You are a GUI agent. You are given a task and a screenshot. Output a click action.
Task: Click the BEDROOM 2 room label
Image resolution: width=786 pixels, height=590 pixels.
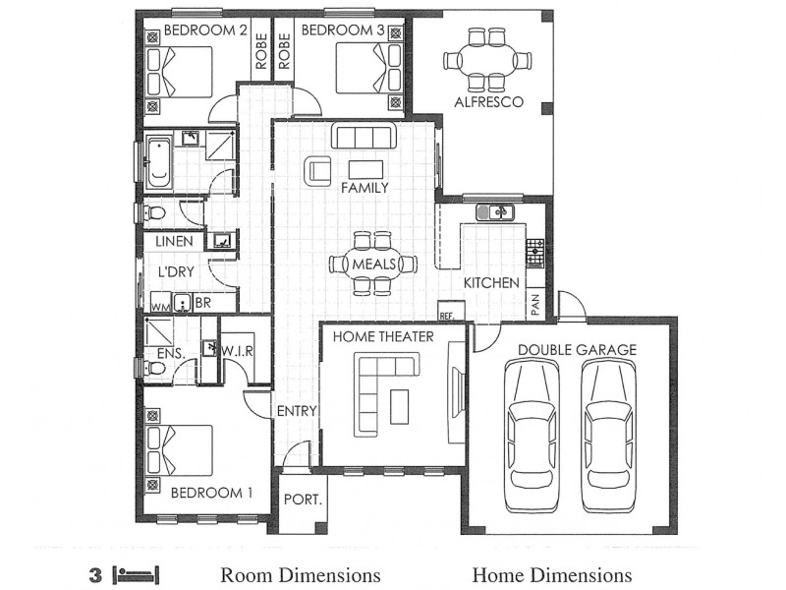click(205, 30)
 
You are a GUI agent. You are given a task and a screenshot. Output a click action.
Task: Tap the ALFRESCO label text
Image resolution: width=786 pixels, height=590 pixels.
click(487, 102)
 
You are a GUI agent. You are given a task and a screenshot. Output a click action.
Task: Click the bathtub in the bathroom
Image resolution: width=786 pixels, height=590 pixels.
click(159, 163)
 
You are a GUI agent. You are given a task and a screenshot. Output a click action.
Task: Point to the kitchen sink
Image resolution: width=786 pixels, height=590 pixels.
click(496, 212)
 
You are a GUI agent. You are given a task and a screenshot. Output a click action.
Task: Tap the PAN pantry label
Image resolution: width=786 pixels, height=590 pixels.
click(535, 305)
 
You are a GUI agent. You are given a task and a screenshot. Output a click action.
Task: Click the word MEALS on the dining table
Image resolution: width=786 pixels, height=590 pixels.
click(373, 264)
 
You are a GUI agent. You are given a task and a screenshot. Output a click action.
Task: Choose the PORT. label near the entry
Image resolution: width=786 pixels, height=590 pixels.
click(302, 500)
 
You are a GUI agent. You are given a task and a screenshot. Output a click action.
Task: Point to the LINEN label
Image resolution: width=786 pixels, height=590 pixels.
click(174, 241)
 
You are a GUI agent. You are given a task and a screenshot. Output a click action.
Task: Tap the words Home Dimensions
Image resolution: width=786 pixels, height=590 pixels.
click(551, 575)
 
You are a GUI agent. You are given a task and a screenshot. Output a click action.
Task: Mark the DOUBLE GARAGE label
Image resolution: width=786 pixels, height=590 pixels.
click(577, 349)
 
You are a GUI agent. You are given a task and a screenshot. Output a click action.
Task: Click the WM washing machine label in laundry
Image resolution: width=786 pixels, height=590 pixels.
click(159, 306)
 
